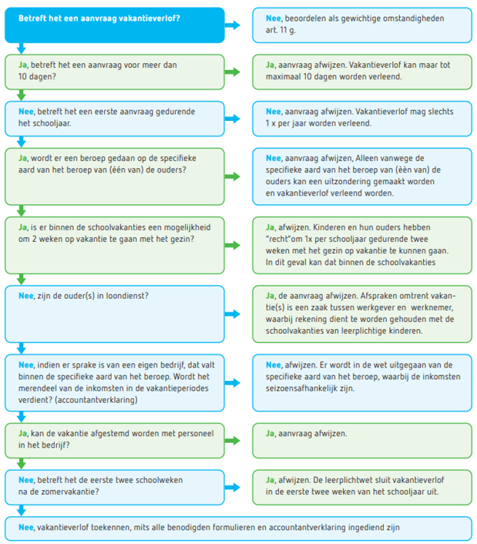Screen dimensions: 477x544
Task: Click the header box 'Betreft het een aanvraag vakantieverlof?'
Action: tap(115, 25)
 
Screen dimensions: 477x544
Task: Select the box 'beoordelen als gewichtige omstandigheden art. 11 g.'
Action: tap(362, 25)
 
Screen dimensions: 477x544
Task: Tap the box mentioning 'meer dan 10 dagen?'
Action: tap(115, 72)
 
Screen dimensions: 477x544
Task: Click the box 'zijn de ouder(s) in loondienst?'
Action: tap(115, 314)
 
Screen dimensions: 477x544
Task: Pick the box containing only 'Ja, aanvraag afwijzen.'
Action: tap(362, 441)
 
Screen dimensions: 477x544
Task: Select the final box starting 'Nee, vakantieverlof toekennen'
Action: tap(238, 529)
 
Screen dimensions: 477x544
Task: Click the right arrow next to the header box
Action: tap(232, 25)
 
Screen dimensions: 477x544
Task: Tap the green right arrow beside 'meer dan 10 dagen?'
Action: tap(232, 72)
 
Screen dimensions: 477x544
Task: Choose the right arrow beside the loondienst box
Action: tap(232, 314)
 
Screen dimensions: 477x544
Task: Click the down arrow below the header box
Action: tap(22, 49)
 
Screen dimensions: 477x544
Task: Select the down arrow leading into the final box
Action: tap(22, 510)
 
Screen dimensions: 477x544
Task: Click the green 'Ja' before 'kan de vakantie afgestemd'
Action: tap(22, 434)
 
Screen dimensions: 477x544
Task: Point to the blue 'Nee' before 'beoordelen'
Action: tap(273, 18)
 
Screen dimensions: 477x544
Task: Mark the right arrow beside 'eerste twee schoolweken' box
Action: tap(232, 487)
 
